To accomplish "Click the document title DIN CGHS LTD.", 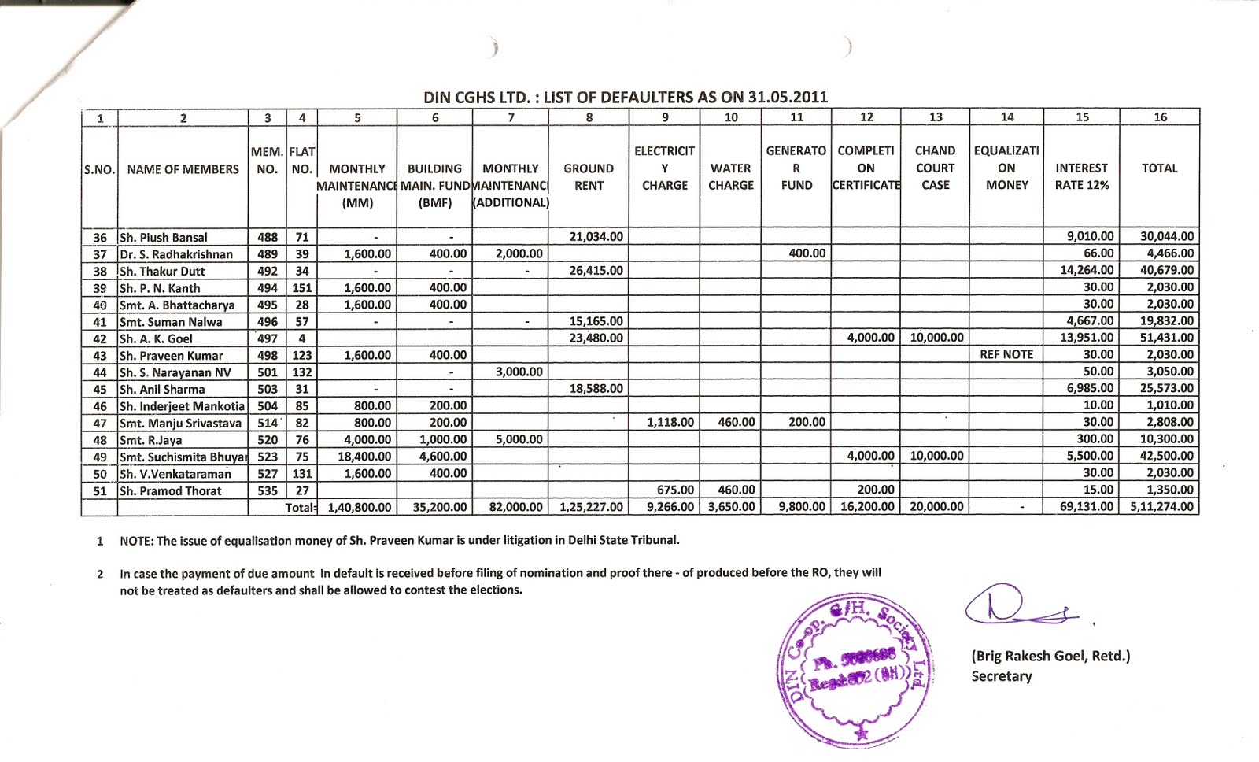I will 626,97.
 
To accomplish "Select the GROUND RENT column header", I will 589,177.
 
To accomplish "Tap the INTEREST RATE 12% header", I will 1081,177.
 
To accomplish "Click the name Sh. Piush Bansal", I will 164,237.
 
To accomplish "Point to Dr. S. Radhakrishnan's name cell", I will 176,254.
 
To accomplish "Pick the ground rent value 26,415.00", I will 596,271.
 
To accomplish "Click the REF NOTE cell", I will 1006,355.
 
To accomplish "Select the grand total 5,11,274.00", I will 1161,507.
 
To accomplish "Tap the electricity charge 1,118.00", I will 670,423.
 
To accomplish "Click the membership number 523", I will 268,457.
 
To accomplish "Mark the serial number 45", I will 100,389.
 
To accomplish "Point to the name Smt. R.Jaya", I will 151,440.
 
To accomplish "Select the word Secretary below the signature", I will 1001,676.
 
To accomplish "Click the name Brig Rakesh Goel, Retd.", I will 1050,656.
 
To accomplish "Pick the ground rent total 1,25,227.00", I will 591,507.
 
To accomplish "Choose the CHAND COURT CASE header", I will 935,168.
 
